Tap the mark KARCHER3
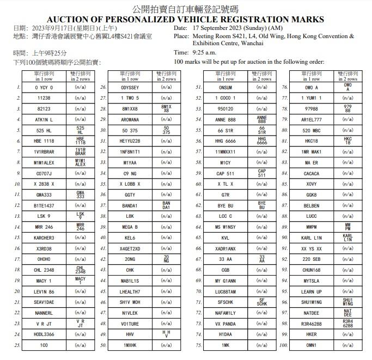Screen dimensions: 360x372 point(45,238)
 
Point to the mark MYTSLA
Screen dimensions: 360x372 point(312,281)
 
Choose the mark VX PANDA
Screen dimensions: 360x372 point(225,324)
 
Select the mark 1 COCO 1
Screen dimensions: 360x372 point(225,98)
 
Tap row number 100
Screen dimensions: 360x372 point(283,345)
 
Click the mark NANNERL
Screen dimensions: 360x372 point(45,313)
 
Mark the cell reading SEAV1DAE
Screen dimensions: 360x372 point(45,302)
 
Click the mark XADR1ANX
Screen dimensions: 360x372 point(225,248)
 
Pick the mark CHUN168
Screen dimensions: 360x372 point(312,270)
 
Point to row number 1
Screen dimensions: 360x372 point(19,87)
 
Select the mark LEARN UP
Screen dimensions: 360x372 point(312,292)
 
